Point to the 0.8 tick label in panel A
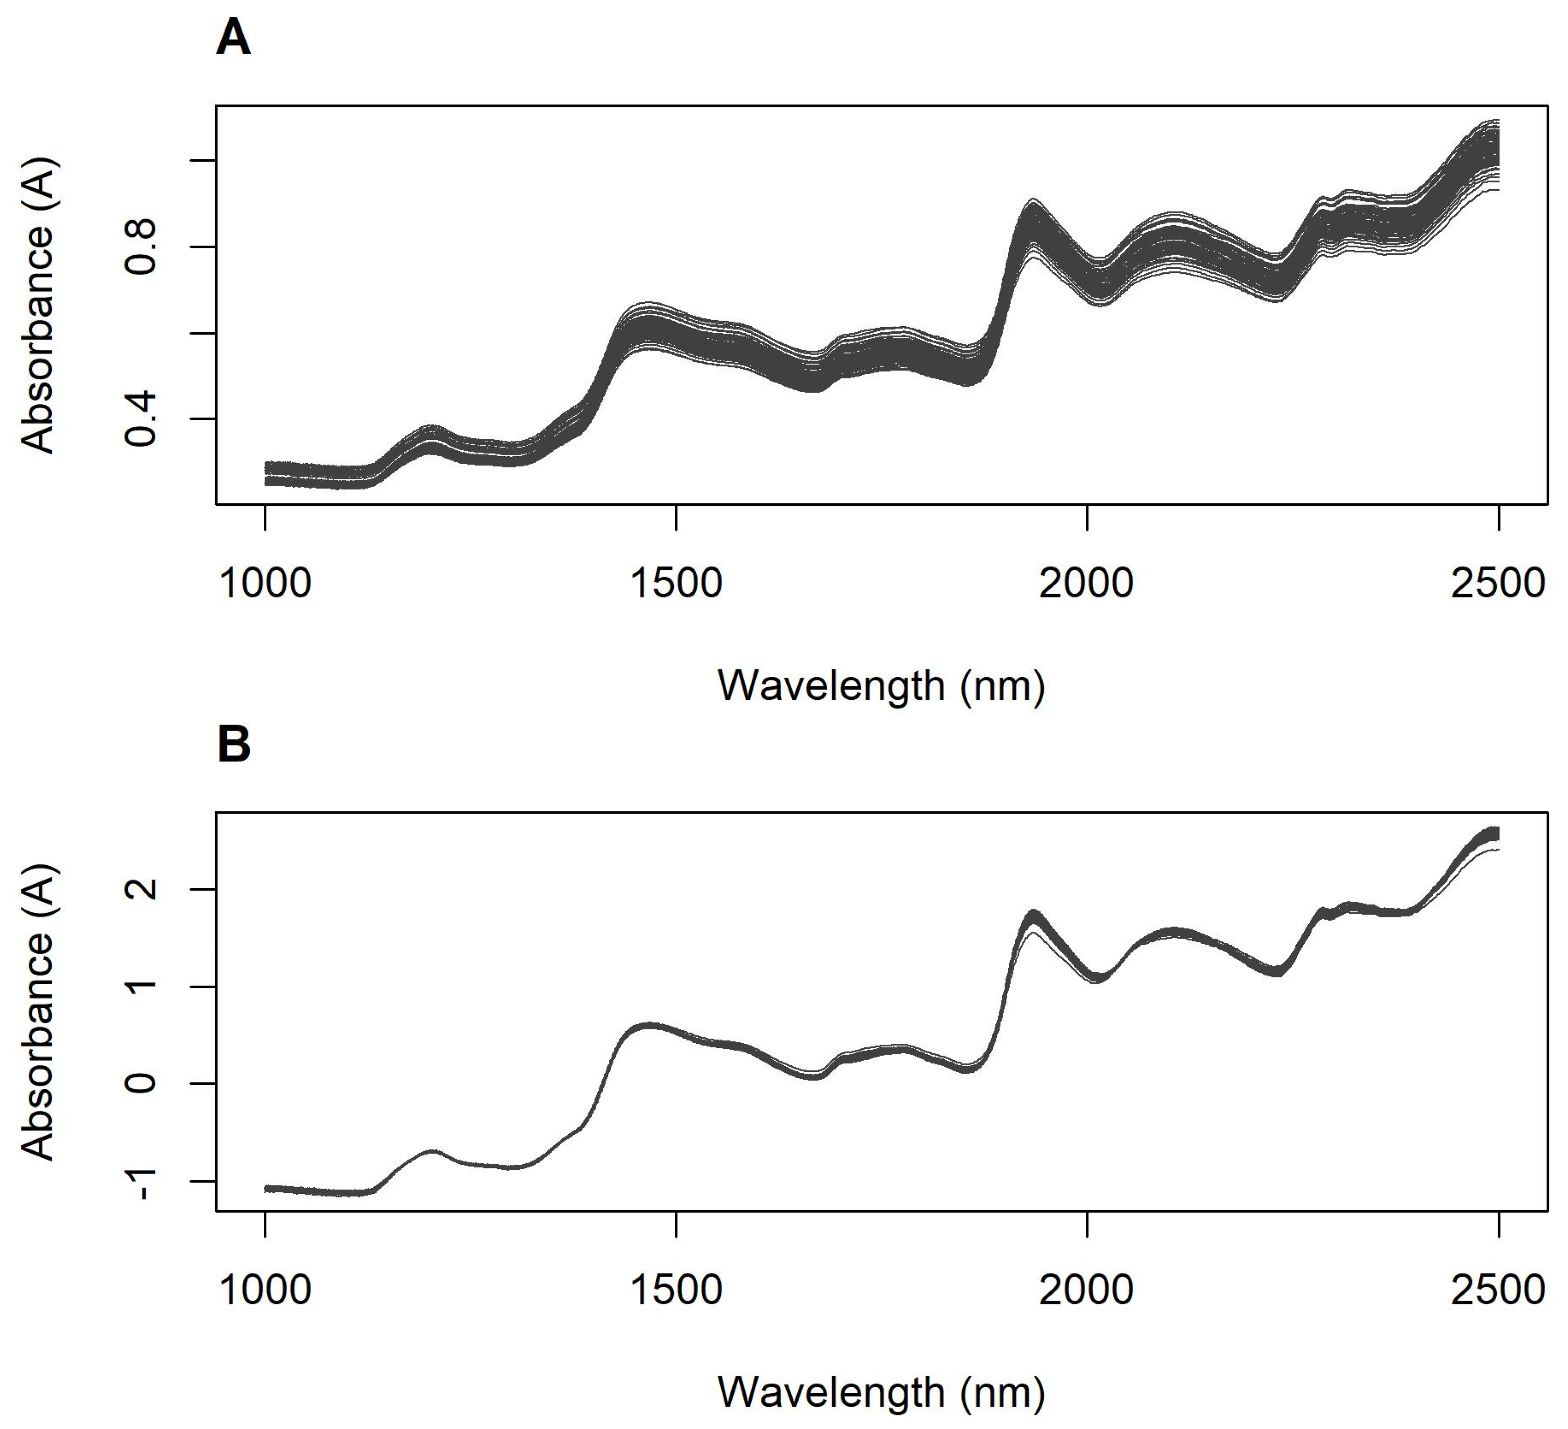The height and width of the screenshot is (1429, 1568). coord(141,247)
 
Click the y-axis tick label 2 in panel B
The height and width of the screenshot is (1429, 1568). coord(141,889)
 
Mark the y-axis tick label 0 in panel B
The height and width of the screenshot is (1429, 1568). coord(141,1083)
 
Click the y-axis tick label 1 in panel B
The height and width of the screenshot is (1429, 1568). coord(141,986)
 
